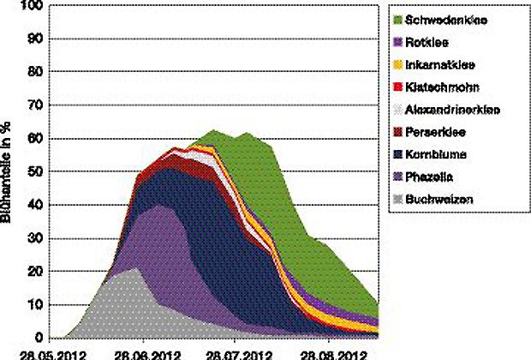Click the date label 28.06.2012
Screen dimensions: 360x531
pyautogui.click(x=142, y=353)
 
